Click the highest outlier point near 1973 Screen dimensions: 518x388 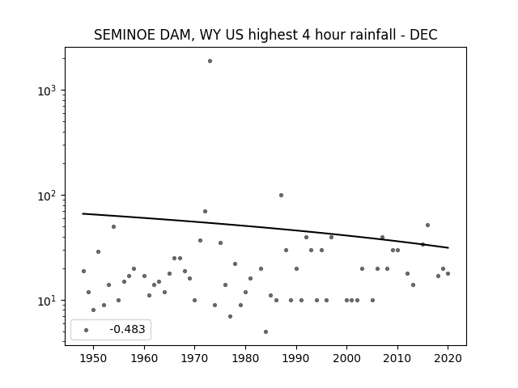[210, 61]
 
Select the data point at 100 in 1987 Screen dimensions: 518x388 [281, 196]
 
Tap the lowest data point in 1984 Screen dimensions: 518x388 [266, 332]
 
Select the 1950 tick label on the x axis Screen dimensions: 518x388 [94, 358]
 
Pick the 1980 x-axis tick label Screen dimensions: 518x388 [245, 358]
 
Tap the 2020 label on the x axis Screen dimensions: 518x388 [448, 358]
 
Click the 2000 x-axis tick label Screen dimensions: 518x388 [347, 358]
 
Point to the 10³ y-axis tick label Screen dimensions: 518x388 [47, 91]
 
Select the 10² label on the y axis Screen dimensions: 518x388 [47, 196]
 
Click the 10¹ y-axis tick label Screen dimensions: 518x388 [47, 301]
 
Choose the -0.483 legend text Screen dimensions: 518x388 [127, 329]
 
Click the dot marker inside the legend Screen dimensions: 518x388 [87, 331]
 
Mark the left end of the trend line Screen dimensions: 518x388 [83, 213]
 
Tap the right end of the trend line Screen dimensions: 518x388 [448, 247]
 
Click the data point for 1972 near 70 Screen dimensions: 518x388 [205, 212]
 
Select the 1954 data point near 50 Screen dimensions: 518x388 [113, 227]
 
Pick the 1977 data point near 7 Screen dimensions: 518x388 [230, 317]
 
